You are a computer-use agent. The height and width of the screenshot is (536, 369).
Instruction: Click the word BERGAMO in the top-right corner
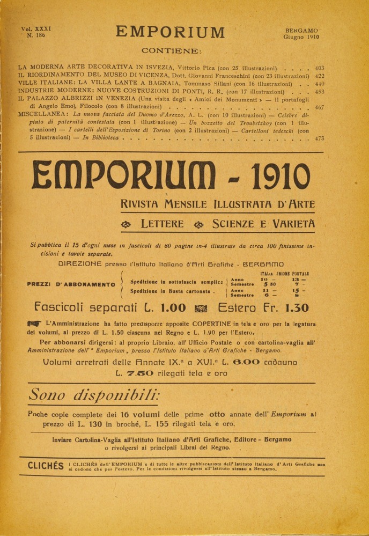(x=301, y=30)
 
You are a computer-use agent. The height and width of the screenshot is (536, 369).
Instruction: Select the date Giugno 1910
(x=301, y=38)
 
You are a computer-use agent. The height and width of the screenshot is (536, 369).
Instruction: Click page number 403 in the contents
(x=320, y=68)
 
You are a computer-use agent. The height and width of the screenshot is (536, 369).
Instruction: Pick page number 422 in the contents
(x=320, y=76)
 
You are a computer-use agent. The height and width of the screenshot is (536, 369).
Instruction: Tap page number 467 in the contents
(x=320, y=107)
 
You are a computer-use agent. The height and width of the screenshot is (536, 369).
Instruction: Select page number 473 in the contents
(x=320, y=138)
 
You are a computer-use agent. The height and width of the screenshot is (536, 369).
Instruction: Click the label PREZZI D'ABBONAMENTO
(x=71, y=285)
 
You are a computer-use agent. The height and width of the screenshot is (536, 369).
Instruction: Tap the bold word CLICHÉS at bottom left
(x=46, y=466)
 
